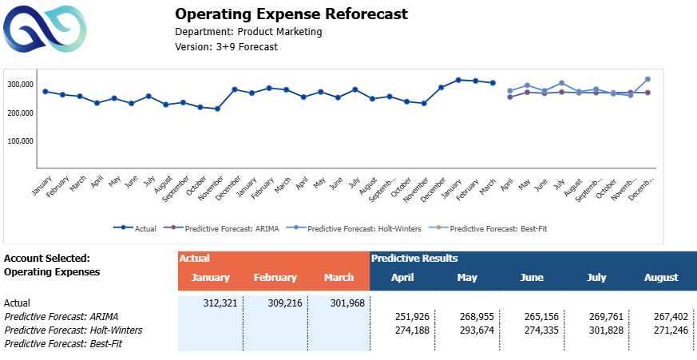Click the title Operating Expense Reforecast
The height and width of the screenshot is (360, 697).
291,14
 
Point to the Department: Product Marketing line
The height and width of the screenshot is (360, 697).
248,32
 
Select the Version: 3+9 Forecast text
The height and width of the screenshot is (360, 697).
226,46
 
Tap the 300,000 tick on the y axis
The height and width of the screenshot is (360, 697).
19,84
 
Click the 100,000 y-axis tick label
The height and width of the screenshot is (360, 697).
19,140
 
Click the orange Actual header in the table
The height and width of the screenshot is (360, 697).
195,258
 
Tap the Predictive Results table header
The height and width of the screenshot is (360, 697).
414,258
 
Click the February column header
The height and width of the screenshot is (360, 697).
275,278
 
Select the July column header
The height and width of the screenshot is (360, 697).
596,278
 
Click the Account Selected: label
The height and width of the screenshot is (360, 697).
46,258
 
